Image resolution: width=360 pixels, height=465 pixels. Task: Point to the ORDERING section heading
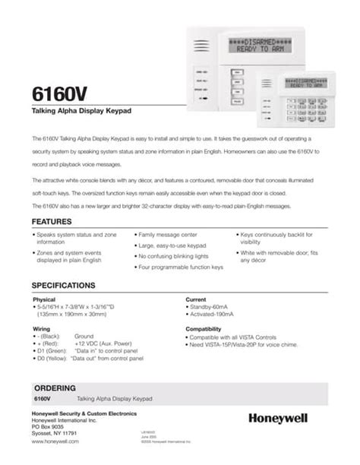(x=54, y=387)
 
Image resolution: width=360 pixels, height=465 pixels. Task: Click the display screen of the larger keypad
(x=263, y=44)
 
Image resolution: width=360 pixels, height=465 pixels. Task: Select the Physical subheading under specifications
(x=44, y=299)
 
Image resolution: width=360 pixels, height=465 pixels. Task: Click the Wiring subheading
(x=41, y=328)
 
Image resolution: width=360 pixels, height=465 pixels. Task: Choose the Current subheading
(x=196, y=299)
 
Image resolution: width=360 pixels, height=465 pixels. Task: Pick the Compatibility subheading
(x=203, y=328)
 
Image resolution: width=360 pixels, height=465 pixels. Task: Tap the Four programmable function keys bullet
(x=180, y=267)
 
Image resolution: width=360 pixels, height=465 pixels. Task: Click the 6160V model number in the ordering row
(x=43, y=398)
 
